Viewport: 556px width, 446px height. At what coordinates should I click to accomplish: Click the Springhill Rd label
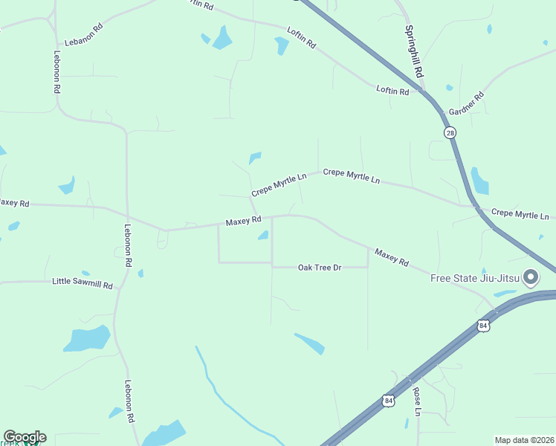tap(413, 52)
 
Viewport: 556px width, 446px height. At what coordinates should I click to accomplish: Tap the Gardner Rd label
tap(467, 103)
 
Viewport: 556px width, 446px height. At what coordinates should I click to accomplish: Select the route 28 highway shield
tap(450, 133)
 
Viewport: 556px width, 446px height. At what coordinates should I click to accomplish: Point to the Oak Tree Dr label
tap(319, 267)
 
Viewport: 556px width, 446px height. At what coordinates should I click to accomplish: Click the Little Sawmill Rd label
tap(83, 283)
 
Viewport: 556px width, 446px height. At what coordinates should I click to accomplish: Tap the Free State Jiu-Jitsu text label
tap(475, 279)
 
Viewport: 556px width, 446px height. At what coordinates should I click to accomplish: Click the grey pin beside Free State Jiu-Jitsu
tap(531, 278)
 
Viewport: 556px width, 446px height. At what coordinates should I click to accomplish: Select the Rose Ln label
tap(417, 401)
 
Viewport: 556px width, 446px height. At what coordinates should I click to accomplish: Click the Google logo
tap(25, 437)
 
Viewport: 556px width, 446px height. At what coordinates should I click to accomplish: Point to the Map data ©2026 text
tap(524, 440)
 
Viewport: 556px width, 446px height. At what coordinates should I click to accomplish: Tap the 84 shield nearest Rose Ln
tap(388, 400)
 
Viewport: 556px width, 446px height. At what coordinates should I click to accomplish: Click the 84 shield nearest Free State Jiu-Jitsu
tap(484, 326)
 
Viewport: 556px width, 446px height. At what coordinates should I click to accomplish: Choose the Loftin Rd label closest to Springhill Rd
tap(392, 91)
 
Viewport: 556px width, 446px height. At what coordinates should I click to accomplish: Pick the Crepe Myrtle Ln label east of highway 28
tap(520, 214)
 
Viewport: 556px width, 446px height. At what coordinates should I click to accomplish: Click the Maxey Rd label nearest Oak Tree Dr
tap(392, 258)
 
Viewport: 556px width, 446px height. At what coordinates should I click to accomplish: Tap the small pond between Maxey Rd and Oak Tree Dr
tap(262, 236)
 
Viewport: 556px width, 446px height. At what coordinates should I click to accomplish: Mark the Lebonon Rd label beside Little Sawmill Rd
tap(128, 245)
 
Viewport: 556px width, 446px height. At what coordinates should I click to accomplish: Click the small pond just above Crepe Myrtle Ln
tap(255, 158)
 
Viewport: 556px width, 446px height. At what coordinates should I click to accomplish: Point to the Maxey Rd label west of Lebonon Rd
tap(13, 203)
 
